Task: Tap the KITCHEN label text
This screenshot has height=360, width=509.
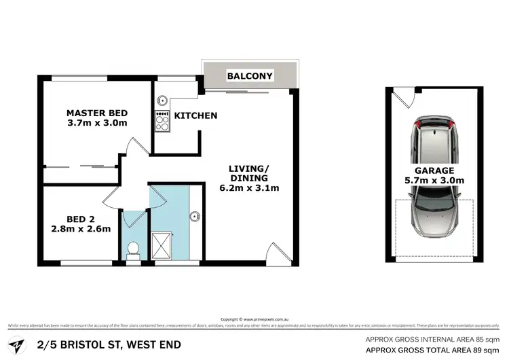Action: point(195,115)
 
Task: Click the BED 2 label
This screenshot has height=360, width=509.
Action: point(80,219)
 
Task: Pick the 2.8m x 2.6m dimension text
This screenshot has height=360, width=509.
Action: point(80,229)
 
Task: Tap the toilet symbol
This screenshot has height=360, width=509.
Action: point(134,250)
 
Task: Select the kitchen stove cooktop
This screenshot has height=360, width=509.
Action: point(162,123)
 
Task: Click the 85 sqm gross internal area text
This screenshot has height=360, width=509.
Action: point(432,320)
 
